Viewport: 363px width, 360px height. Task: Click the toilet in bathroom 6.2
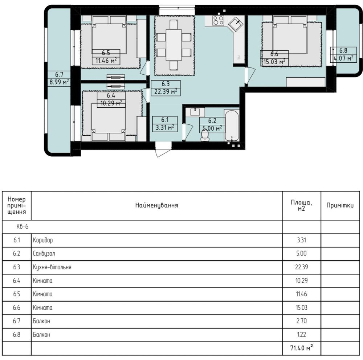pos(205,135)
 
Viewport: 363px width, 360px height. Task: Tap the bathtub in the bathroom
pos(232,125)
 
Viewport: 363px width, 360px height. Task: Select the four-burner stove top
pos(218,20)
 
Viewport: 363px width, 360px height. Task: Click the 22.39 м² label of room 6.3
pos(166,92)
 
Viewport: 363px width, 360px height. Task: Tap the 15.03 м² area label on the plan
pos(274,62)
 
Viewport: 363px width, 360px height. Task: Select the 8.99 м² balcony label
pos(59,82)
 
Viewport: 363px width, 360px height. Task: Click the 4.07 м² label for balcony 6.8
pos(343,58)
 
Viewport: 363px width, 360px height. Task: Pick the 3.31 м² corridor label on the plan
pos(165,127)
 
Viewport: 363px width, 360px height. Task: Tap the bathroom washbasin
pos(196,112)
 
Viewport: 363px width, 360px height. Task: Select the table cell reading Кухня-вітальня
pos(52,267)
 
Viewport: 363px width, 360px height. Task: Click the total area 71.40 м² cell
pos(302,348)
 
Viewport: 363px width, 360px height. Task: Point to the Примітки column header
pos(340,205)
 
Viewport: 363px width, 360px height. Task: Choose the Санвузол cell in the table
pos(44,254)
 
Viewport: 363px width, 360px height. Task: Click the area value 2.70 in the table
pos(301,321)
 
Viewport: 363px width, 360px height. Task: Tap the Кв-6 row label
pos(23,227)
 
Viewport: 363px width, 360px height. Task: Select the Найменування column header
pos(157,205)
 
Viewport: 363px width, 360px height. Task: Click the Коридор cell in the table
pos(43,240)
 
